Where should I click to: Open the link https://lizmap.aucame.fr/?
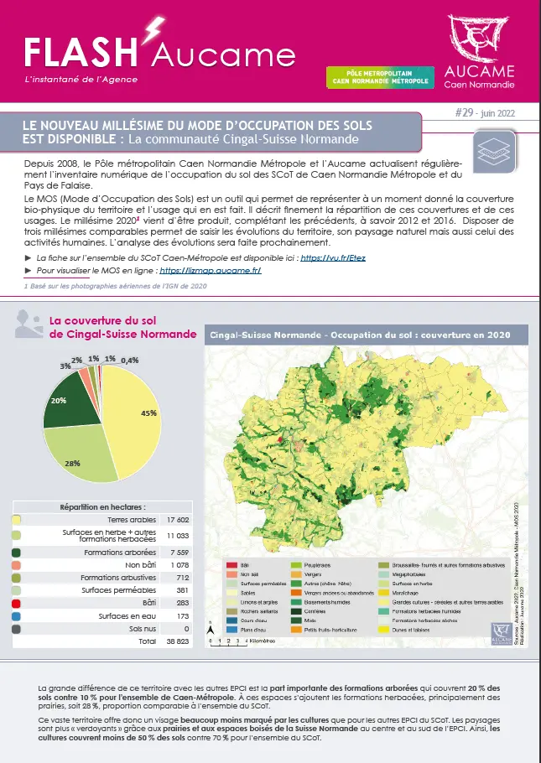coord(210,271)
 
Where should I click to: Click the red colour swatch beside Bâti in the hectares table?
coord(17,602)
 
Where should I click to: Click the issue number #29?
coord(464,112)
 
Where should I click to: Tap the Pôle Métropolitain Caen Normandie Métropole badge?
coord(379,77)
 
